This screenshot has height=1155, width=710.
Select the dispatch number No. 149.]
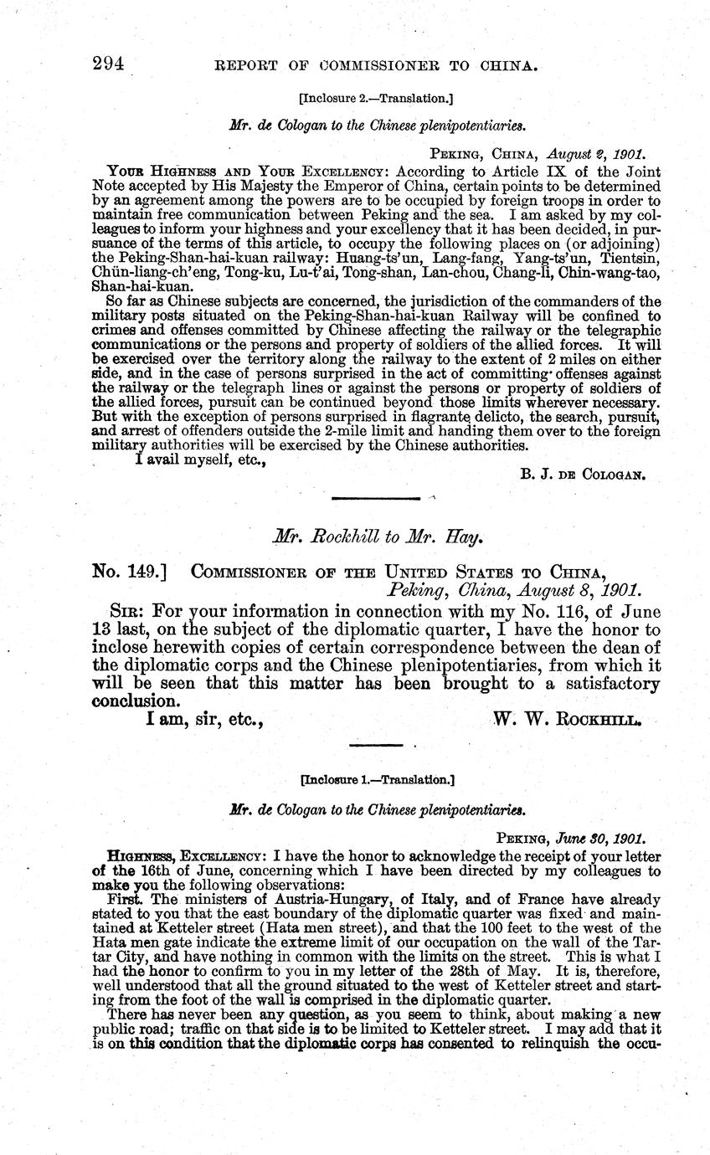point(129,572)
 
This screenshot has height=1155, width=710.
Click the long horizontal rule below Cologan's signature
point(375,500)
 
